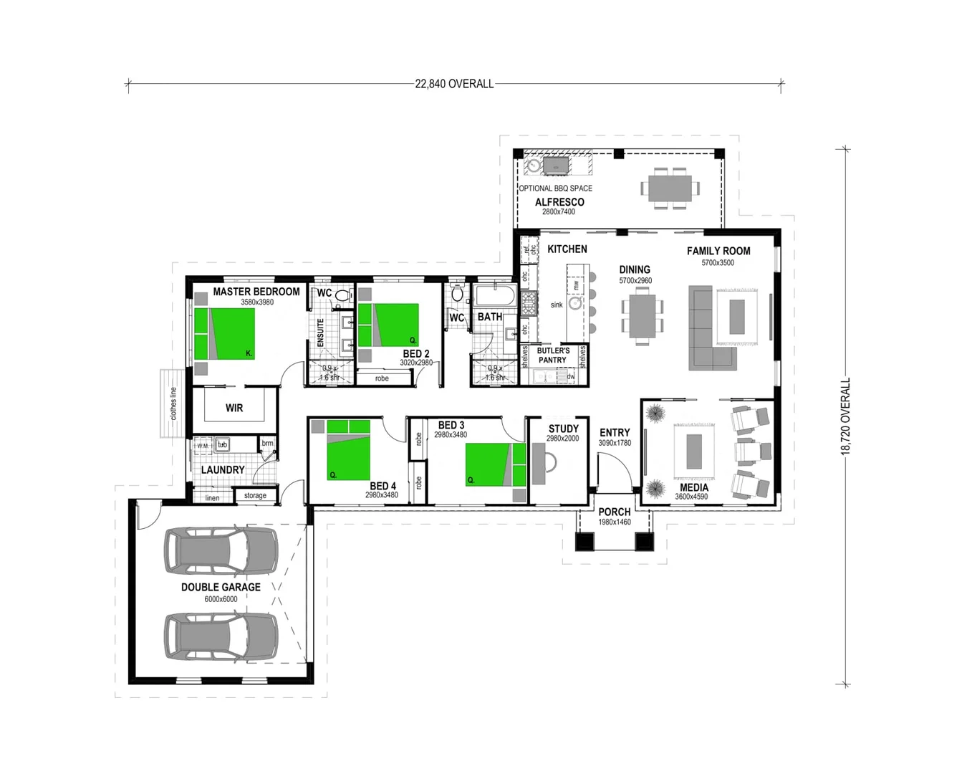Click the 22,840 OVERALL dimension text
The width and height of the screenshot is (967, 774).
pos(454,84)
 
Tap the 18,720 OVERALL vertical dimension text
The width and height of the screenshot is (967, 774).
pos(846,416)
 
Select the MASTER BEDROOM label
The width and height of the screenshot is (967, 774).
pos(256,292)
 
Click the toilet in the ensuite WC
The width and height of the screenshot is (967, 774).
pos(342,295)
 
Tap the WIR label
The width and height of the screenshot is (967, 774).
pos(234,408)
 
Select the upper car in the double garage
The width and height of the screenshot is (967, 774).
pos(221,551)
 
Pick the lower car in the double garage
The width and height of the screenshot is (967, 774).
pos(221,636)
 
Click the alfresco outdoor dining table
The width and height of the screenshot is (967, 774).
pos(670,188)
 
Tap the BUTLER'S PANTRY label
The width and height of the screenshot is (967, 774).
pos(553,355)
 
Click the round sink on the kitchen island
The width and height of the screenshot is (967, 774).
pos(575,304)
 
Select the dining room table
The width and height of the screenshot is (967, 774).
pos(642,316)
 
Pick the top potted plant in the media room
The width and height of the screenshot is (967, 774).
pos(655,414)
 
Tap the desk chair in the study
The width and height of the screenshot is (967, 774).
pos(550,463)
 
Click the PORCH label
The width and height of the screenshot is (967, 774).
pos(614,512)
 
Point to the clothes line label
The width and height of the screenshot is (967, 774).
pos(173,404)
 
